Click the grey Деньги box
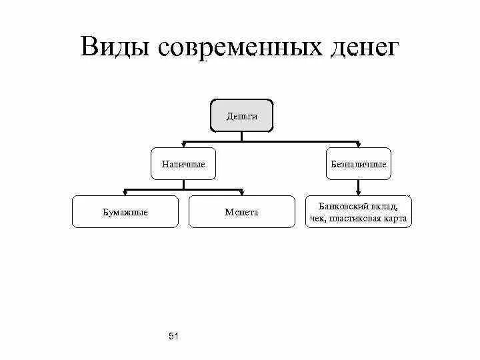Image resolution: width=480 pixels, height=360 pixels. pos(241,116)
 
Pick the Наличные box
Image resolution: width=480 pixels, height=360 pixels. pos(183,164)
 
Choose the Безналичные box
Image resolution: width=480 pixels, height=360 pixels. pos(359,164)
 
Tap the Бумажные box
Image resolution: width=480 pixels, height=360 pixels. pos(125,212)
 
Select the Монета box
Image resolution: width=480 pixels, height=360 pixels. pos(241,212)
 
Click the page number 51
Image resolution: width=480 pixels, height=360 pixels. pos(174,335)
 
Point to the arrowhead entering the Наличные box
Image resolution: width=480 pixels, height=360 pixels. pos(183,145)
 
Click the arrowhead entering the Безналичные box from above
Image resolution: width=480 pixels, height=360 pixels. pos(359,145)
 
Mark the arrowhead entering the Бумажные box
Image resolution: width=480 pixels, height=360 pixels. pos(125,193)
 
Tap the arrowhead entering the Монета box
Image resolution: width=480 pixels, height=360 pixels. pos(241,193)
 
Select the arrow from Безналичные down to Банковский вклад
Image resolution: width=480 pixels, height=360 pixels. pos(359,188)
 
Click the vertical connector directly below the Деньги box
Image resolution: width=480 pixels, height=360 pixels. pos(241,136)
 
